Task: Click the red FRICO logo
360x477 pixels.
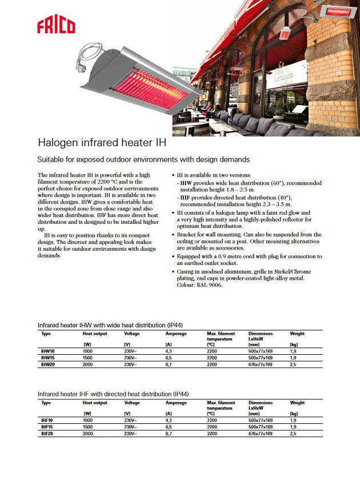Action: [56, 26]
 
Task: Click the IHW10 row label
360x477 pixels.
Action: [47, 351]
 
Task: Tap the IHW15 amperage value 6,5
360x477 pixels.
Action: [169, 358]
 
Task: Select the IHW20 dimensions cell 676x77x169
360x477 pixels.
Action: [261, 364]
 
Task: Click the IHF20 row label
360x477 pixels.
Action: [47, 433]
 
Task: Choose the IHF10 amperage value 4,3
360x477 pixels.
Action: [169, 420]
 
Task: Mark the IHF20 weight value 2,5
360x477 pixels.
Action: [294, 433]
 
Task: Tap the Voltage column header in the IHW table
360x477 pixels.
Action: [132, 334]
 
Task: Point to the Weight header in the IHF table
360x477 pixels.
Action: [297, 403]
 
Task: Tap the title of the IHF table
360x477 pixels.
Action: [113, 394]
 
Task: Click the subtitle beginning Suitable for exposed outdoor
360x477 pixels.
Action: [143, 159]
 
